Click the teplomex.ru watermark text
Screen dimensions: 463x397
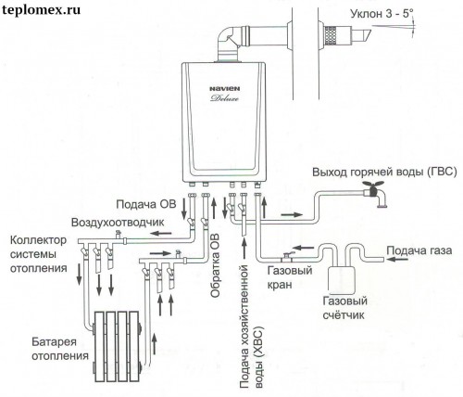click(41, 10)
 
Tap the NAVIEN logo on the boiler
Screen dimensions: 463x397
click(225, 89)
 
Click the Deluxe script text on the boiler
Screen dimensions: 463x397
click(225, 98)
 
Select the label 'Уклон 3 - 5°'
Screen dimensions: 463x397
click(382, 14)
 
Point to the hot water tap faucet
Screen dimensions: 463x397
click(375, 194)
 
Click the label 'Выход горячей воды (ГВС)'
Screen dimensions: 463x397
click(384, 173)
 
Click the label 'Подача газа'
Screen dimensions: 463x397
click(419, 250)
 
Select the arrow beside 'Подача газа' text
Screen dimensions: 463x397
click(397, 259)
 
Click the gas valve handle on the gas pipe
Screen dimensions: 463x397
click(287, 254)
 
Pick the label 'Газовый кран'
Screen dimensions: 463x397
click(290, 277)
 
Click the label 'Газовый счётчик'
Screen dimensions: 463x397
click(344, 308)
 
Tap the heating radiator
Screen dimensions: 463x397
click(117, 346)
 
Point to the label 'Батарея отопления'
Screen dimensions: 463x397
click(60, 349)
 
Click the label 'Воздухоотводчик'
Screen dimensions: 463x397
click(118, 223)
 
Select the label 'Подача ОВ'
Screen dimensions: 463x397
click(146, 204)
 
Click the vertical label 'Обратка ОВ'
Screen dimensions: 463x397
click(215, 265)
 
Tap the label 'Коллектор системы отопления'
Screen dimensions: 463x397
click(38, 254)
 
